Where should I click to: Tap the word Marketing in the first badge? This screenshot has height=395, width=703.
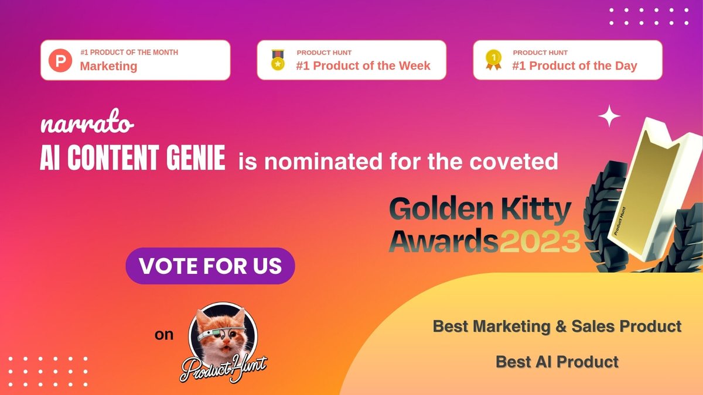click(108, 66)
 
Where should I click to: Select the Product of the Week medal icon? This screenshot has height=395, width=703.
click(277, 60)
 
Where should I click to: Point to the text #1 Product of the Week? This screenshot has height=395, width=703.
click(363, 66)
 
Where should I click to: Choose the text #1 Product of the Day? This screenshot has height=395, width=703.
click(575, 66)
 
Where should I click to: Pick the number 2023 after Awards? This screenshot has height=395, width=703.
click(540, 239)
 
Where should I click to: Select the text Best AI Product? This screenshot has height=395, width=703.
click(557, 362)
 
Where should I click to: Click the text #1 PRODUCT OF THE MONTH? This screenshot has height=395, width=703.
click(129, 53)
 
